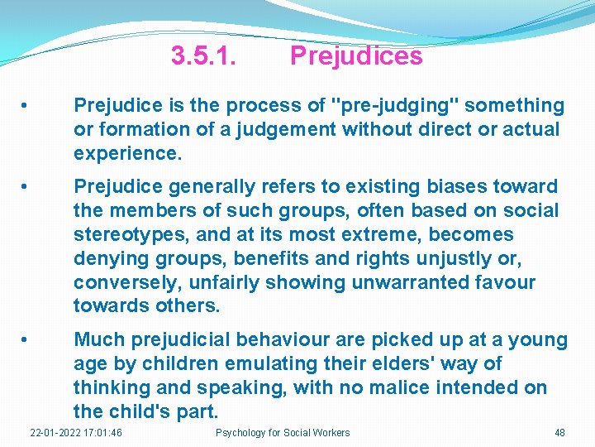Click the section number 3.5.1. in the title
(203, 56)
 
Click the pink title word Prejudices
(356, 56)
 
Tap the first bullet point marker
(27, 106)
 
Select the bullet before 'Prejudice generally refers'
(27, 187)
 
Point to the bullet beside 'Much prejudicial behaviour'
(27, 340)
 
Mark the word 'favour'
(503, 283)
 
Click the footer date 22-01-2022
(55, 433)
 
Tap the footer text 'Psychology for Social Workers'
(283, 433)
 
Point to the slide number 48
(560, 433)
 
